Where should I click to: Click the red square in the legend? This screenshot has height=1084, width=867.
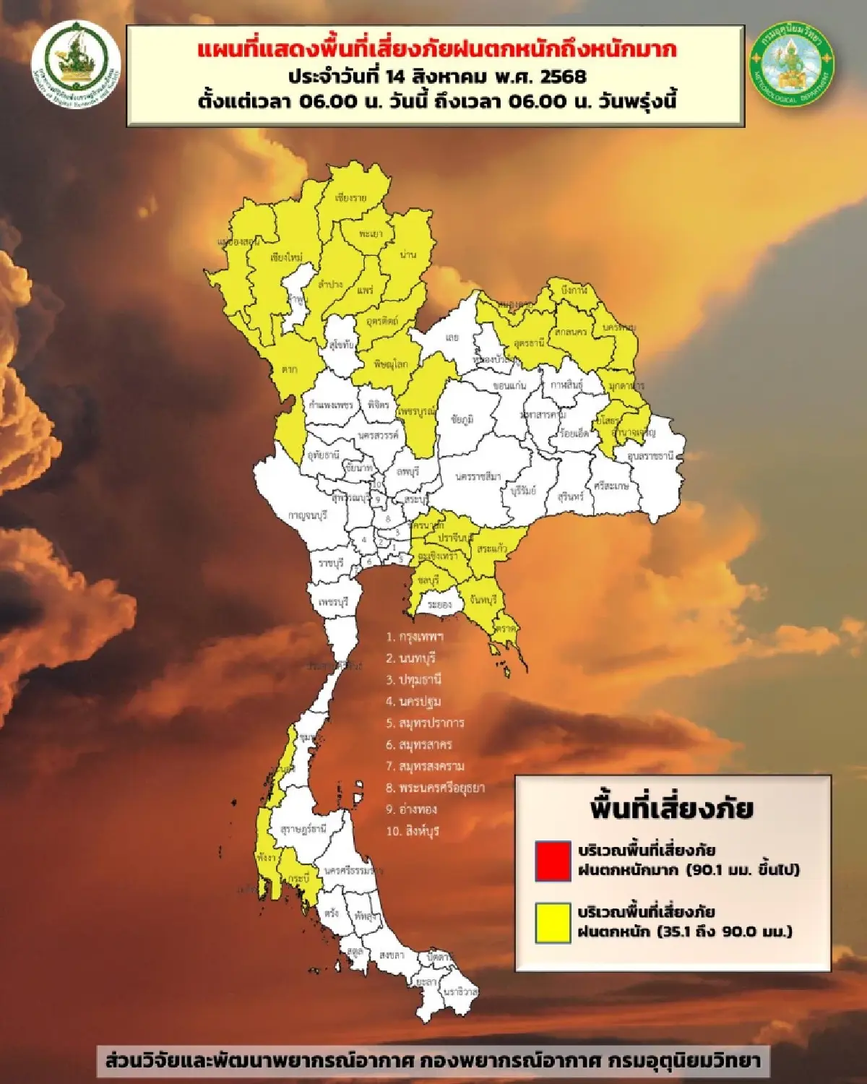pyautogui.click(x=553, y=860)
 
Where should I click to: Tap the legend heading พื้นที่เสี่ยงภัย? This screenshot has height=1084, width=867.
pyautogui.click(x=671, y=807)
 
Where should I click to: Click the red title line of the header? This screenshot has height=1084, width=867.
pyautogui.click(x=436, y=51)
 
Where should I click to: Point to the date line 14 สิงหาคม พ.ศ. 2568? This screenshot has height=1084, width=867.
pyautogui.click(x=436, y=76)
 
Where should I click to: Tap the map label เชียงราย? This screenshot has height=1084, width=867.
pyautogui.click(x=351, y=197)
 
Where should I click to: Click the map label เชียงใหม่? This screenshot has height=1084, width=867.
pyautogui.click(x=286, y=257)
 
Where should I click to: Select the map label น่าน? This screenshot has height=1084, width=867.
pyautogui.click(x=407, y=255)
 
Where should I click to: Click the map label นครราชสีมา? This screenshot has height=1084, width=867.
pyautogui.click(x=478, y=477)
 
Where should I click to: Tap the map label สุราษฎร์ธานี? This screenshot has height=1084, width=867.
pyautogui.click(x=303, y=829)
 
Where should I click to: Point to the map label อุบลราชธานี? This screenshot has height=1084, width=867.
pyautogui.click(x=650, y=457)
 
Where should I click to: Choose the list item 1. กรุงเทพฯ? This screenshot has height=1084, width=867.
pyautogui.click(x=415, y=637)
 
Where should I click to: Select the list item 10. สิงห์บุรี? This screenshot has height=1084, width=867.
pyautogui.click(x=413, y=831)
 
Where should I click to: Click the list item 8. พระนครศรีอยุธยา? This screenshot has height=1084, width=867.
pyautogui.click(x=435, y=788)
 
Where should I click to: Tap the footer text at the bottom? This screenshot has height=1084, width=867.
pyautogui.click(x=433, y=1061)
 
